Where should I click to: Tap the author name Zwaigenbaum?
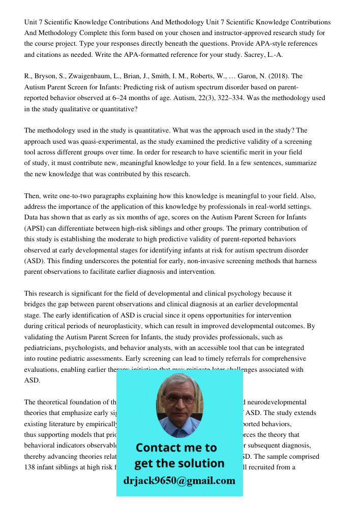coord(86,76)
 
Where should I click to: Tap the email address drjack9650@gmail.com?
coord(179,481)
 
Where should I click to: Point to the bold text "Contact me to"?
coord(176,448)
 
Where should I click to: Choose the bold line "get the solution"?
coord(179,463)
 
